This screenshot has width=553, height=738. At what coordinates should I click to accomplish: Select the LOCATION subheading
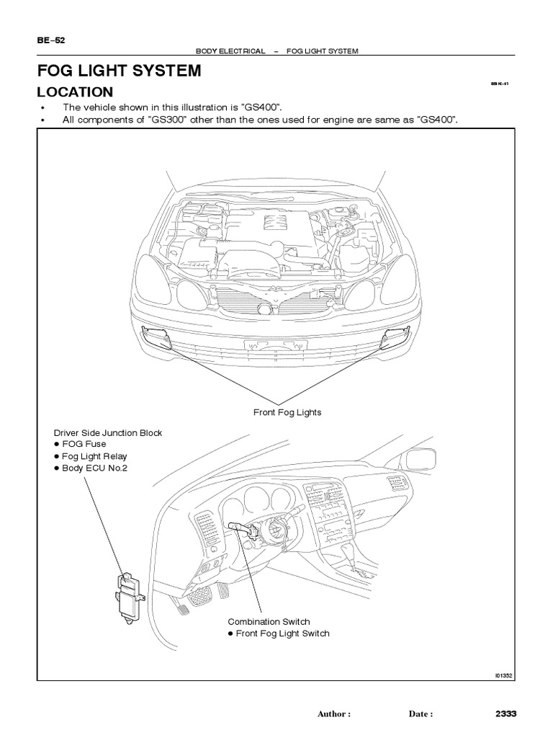pos(75,92)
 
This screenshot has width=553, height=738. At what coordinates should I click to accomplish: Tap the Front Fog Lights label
pos(287,412)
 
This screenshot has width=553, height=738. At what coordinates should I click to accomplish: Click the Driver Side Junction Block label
pos(108,432)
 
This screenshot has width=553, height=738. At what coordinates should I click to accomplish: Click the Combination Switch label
pos(269,621)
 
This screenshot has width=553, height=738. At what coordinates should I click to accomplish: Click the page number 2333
pos(506,713)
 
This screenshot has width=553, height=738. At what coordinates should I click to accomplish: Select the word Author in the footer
pos(333,714)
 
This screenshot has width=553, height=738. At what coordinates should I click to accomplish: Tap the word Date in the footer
pos(420,714)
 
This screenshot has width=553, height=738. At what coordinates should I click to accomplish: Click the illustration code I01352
pos(503,675)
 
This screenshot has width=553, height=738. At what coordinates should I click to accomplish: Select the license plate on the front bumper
pos(274,345)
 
